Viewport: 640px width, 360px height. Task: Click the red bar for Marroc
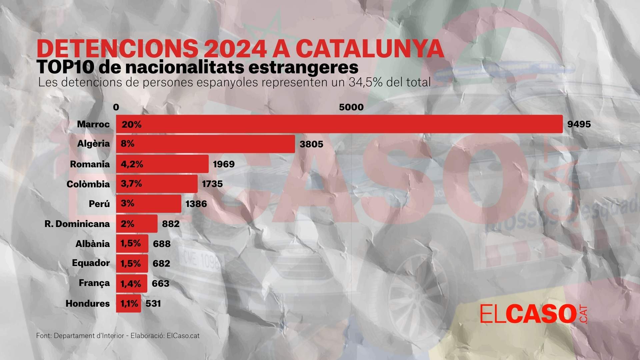pyautogui.click(x=339, y=124)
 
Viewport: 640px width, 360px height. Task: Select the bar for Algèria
pyautogui.click(x=205, y=144)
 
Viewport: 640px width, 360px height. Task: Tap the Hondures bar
pyautogui.click(x=128, y=303)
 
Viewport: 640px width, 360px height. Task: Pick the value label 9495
pyautogui.click(x=579, y=124)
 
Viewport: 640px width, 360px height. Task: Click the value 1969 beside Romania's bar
pyautogui.click(x=224, y=164)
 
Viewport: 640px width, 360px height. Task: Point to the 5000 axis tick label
pyautogui.click(x=351, y=107)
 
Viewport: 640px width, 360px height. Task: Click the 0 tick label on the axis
pyautogui.click(x=116, y=107)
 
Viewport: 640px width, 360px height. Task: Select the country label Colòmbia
pyautogui.click(x=88, y=184)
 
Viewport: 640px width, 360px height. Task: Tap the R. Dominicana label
pyautogui.click(x=77, y=224)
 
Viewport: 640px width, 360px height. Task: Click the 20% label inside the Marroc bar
pyautogui.click(x=132, y=124)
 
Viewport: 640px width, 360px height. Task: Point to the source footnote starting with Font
pyautogui.click(x=118, y=336)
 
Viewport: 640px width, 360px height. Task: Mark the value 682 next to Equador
pyautogui.click(x=161, y=263)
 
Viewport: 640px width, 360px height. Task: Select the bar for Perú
pyautogui.click(x=149, y=204)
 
